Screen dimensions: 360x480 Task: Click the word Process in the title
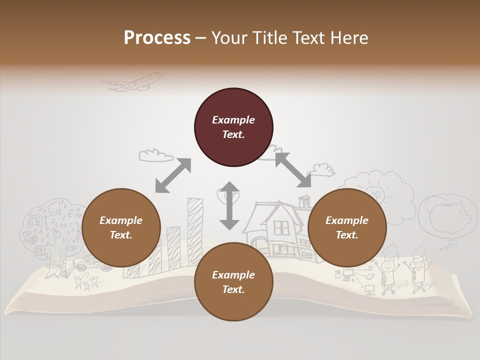tap(157, 38)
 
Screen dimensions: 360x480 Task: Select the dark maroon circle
tap(233, 127)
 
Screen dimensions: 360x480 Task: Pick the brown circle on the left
tap(121, 228)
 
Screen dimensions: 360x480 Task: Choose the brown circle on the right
tap(347, 228)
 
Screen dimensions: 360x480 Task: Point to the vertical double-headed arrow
tap(229, 205)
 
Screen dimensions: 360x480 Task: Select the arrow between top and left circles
tap(173, 175)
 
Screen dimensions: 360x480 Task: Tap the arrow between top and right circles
tap(292, 170)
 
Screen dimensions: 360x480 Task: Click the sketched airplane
tap(133, 82)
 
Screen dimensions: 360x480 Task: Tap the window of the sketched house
tap(281, 228)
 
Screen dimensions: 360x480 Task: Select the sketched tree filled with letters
tap(50, 225)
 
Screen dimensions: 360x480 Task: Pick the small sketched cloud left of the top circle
tap(152, 154)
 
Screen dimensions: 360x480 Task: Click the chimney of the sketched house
tap(304, 201)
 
